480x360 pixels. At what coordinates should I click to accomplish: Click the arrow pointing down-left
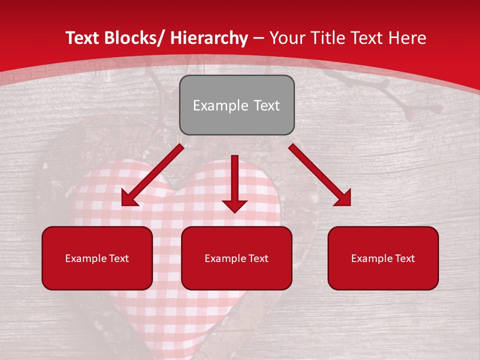(x=152, y=175)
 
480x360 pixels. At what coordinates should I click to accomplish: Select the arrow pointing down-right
(x=320, y=175)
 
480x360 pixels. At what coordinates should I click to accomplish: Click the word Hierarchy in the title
(x=209, y=38)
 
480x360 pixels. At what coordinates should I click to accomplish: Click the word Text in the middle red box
(x=258, y=258)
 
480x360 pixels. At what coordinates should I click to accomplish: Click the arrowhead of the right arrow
(x=343, y=198)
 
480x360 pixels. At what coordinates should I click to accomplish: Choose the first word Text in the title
(x=84, y=38)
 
